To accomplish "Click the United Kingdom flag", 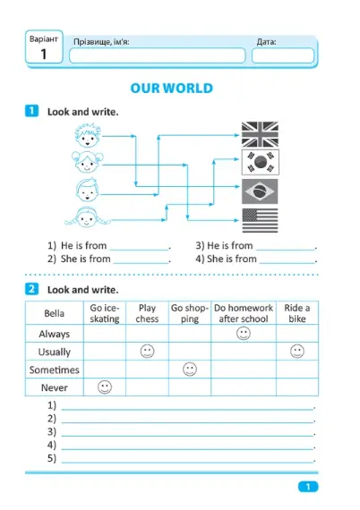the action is pyautogui.click(x=260, y=134).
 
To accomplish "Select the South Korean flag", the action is pyautogui.click(x=260, y=162).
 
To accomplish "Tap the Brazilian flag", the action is pyautogui.click(x=260, y=191).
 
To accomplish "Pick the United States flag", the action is pyautogui.click(x=260, y=220).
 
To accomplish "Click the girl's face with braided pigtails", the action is pyautogui.click(x=87, y=217).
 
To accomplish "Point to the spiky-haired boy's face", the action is pyautogui.click(x=88, y=135).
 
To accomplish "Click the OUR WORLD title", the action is pyautogui.click(x=172, y=89).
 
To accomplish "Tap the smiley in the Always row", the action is pyautogui.click(x=244, y=334).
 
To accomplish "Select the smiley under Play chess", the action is pyautogui.click(x=147, y=352).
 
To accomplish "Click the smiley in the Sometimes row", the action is pyautogui.click(x=190, y=370).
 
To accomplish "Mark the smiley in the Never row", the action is pyautogui.click(x=105, y=387).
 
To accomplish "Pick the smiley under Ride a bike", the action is pyautogui.click(x=296, y=352).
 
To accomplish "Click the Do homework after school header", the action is pyautogui.click(x=244, y=313).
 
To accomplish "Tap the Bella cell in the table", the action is pyautogui.click(x=54, y=313).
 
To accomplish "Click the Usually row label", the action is pyautogui.click(x=55, y=352).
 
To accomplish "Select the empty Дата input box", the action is pyautogui.click(x=283, y=55).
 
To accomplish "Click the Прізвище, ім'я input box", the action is pyautogui.click(x=158, y=55).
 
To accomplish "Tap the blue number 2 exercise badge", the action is pyautogui.click(x=31, y=289).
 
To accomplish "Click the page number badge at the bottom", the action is pyautogui.click(x=308, y=487).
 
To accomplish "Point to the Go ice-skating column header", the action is pyautogui.click(x=105, y=313).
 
